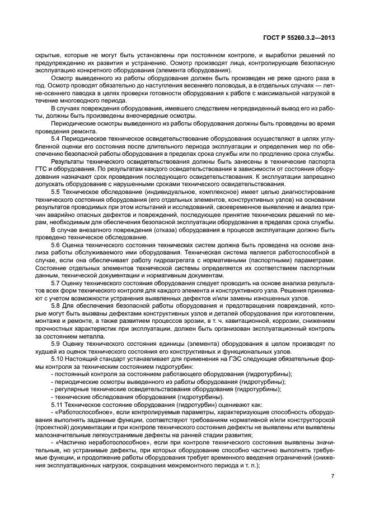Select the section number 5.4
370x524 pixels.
56,137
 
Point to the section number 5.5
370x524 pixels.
56,192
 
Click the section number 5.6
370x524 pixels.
56,245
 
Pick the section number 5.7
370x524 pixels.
56,284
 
